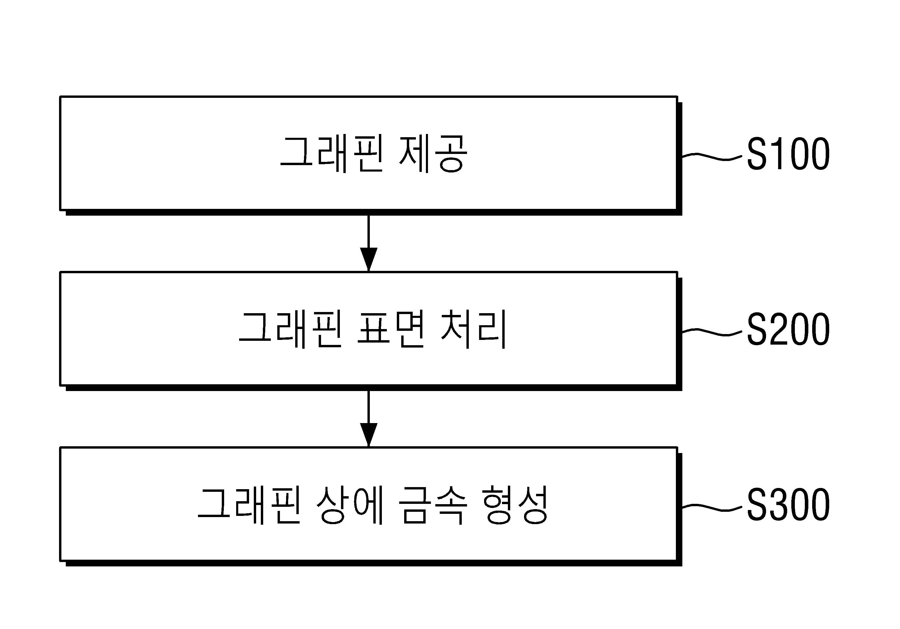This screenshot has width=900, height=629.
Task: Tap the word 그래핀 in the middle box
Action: (x=290, y=329)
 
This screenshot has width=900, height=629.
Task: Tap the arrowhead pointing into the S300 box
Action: (x=368, y=435)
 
